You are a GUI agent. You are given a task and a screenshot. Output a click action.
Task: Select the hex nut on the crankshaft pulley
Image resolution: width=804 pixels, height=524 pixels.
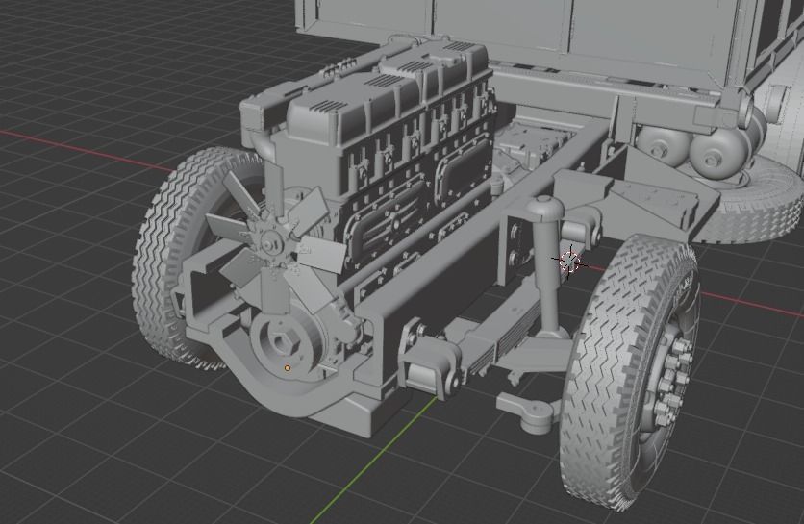pyautogui.click(x=285, y=342)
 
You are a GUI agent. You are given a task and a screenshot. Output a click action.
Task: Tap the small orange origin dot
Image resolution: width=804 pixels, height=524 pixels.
pyautogui.click(x=288, y=367)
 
